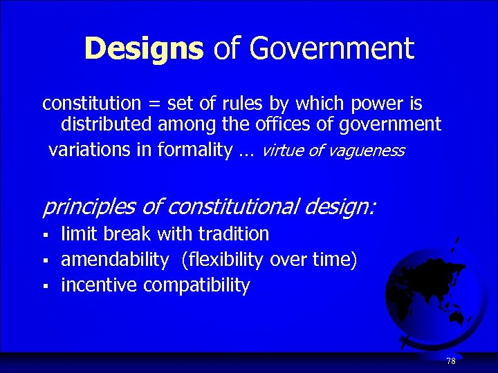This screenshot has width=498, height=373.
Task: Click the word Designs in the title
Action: tap(143, 48)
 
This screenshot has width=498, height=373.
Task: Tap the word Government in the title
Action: tap(332, 48)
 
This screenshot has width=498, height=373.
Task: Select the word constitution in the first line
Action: tap(91, 104)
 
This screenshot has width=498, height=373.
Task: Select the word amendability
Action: tap(115, 260)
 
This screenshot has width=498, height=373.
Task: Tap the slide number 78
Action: tap(451, 361)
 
